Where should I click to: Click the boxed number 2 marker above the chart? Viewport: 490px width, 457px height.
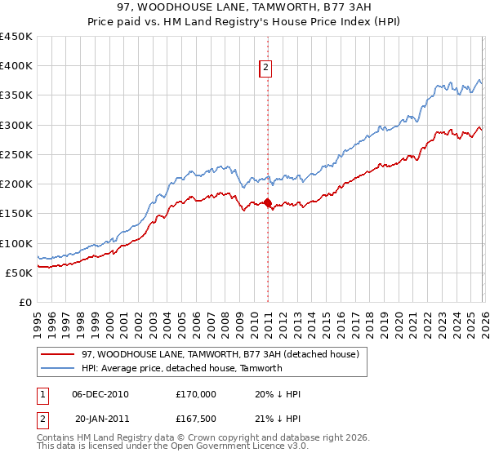[x=267, y=69]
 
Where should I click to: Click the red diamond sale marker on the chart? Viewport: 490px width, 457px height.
[x=267, y=203]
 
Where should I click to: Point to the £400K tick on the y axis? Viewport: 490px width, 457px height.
[x=16, y=66]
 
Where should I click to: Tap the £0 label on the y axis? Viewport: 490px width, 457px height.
[x=25, y=302]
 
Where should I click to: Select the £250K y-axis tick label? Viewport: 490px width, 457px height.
[x=16, y=154]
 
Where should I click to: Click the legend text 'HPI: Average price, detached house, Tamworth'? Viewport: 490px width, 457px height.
[x=181, y=368]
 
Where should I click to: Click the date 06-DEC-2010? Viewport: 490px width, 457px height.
[x=100, y=394]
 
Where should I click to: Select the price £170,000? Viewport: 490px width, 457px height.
[x=196, y=394]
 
